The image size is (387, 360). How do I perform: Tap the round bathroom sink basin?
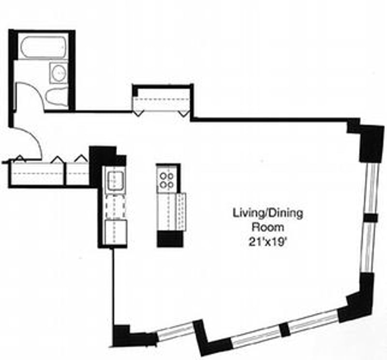coord(59,72)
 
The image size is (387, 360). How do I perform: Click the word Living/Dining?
coord(268,213)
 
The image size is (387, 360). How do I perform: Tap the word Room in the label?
coord(268,227)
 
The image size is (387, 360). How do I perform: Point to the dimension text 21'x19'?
coord(268,242)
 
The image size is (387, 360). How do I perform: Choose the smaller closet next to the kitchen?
coord(77,173)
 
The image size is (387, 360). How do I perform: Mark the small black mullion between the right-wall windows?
coord(370,218)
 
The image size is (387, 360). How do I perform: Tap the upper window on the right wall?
coord(372,188)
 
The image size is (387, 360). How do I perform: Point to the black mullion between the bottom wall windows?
coord(285,329)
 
